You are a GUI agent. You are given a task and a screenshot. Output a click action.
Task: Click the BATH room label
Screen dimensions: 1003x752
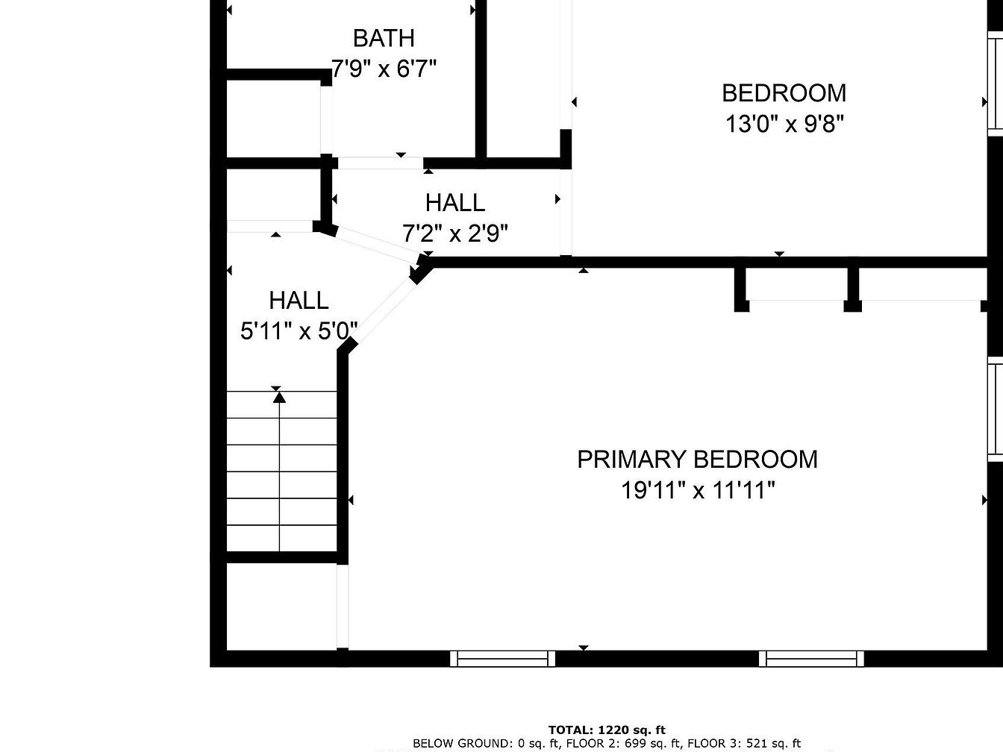tap(384, 38)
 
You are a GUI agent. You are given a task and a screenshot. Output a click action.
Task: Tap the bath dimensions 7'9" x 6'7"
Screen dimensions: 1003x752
tap(384, 69)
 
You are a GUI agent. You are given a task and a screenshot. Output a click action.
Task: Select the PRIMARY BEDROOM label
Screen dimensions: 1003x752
tap(697, 460)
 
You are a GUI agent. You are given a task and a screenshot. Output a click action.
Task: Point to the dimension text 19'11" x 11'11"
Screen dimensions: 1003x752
tap(699, 491)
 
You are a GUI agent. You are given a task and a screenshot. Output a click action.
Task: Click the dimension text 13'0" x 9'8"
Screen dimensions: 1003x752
tap(784, 124)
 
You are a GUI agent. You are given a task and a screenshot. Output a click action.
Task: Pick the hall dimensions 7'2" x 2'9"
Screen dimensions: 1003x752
tap(455, 234)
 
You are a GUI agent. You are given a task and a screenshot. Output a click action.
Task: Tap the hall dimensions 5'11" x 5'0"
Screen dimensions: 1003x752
tap(299, 331)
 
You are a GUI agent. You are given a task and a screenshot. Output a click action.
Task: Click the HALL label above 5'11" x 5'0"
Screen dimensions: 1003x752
tap(299, 301)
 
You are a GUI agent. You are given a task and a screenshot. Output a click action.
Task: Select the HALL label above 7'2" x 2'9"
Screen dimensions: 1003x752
tap(455, 203)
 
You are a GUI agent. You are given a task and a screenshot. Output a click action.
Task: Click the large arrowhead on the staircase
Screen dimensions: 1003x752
tap(279, 397)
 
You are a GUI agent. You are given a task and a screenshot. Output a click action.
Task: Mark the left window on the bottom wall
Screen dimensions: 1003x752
tap(503, 659)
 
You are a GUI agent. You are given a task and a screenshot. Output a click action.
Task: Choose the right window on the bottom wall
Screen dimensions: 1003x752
tap(811, 659)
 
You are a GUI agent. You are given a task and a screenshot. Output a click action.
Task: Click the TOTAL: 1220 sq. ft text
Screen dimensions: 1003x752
tap(607, 730)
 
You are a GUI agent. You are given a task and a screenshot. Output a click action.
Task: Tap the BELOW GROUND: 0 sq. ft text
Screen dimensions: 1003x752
tap(486, 744)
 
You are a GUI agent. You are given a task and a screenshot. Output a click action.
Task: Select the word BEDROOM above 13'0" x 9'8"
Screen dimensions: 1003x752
tap(784, 93)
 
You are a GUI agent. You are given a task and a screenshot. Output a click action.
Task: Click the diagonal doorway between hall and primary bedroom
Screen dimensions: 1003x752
tap(384, 311)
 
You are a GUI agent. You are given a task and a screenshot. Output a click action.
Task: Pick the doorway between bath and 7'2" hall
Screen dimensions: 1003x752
tap(381, 163)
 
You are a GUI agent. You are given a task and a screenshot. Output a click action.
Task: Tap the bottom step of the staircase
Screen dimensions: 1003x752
tap(282, 539)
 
